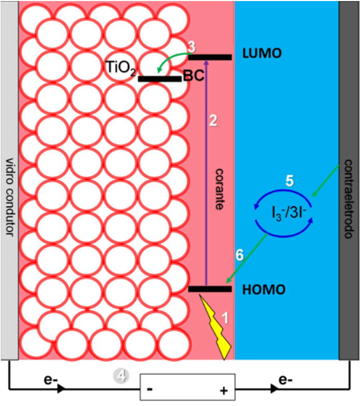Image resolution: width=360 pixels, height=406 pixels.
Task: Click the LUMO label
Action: coord(262,53)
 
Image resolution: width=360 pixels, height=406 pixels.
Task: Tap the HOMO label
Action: coord(264,290)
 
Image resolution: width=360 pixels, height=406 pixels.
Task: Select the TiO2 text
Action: coord(120,68)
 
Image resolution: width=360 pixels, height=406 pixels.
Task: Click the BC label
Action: coord(193,76)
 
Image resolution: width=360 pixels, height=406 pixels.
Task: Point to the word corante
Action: coord(219,189)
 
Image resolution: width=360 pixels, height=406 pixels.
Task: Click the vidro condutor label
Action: coord(9,197)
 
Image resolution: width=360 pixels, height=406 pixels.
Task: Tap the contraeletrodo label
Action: coord(349,199)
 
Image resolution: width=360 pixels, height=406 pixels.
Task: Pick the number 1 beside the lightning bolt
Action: coord(226,317)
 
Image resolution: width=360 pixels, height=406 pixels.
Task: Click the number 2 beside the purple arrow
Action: coord(213,120)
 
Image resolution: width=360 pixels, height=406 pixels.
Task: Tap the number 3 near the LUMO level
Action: coord(191,47)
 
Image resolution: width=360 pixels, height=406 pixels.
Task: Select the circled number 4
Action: coord(121,375)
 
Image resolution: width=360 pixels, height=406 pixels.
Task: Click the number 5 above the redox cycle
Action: coord(289,181)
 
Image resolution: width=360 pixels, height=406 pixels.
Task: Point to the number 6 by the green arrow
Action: coord(240,255)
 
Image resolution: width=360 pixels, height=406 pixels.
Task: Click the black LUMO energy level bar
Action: coord(210,57)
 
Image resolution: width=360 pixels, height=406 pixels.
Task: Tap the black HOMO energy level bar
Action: coord(210,289)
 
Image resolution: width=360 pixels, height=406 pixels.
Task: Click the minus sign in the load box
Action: coord(149,389)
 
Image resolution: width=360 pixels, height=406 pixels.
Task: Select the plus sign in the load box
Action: coord(224,390)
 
